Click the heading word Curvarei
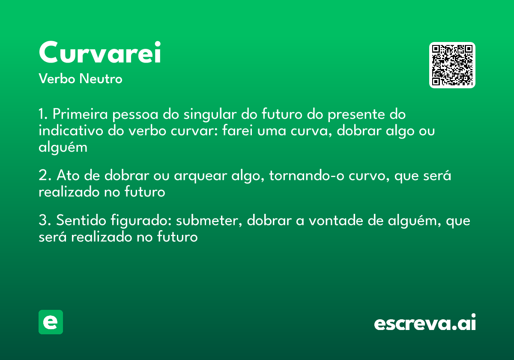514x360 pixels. pyautogui.click(x=100, y=53)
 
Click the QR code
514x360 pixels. pyautogui.click(x=452, y=65)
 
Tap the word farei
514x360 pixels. pyautogui.click(x=238, y=131)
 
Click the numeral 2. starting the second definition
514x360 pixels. pyautogui.click(x=45, y=176)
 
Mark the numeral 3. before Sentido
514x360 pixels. pyautogui.click(x=45, y=221)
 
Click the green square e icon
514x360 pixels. pyautogui.click(x=51, y=322)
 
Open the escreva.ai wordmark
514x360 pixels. pyautogui.click(x=425, y=323)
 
